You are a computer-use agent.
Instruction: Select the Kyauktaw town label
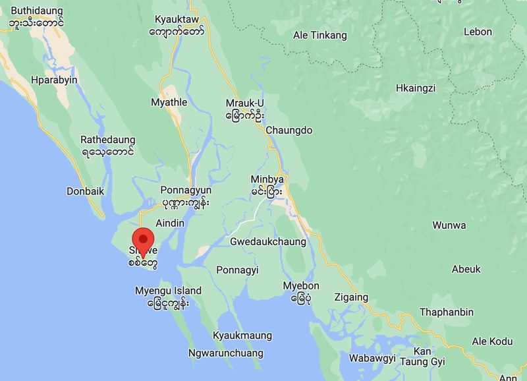coord(176,19)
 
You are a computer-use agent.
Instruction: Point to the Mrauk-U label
coord(244,103)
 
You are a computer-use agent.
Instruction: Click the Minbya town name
coord(267,179)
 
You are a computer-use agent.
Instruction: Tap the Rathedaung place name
coord(108,140)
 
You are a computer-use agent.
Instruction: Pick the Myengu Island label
coord(168,291)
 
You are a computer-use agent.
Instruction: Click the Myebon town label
coord(301,285)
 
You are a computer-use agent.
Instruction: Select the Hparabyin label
coord(54,80)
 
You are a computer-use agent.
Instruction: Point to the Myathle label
coord(169,102)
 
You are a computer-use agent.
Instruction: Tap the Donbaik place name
coord(86,191)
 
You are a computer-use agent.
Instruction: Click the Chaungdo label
coord(289,131)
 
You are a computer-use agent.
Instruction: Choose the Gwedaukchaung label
coord(267,242)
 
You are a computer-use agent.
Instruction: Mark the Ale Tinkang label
coord(320,36)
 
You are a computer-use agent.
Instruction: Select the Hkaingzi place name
coord(416,88)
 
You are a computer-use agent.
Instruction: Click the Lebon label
coord(478,32)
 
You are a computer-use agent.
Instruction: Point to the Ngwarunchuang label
coord(226,353)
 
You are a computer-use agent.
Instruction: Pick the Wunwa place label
coord(449,225)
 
